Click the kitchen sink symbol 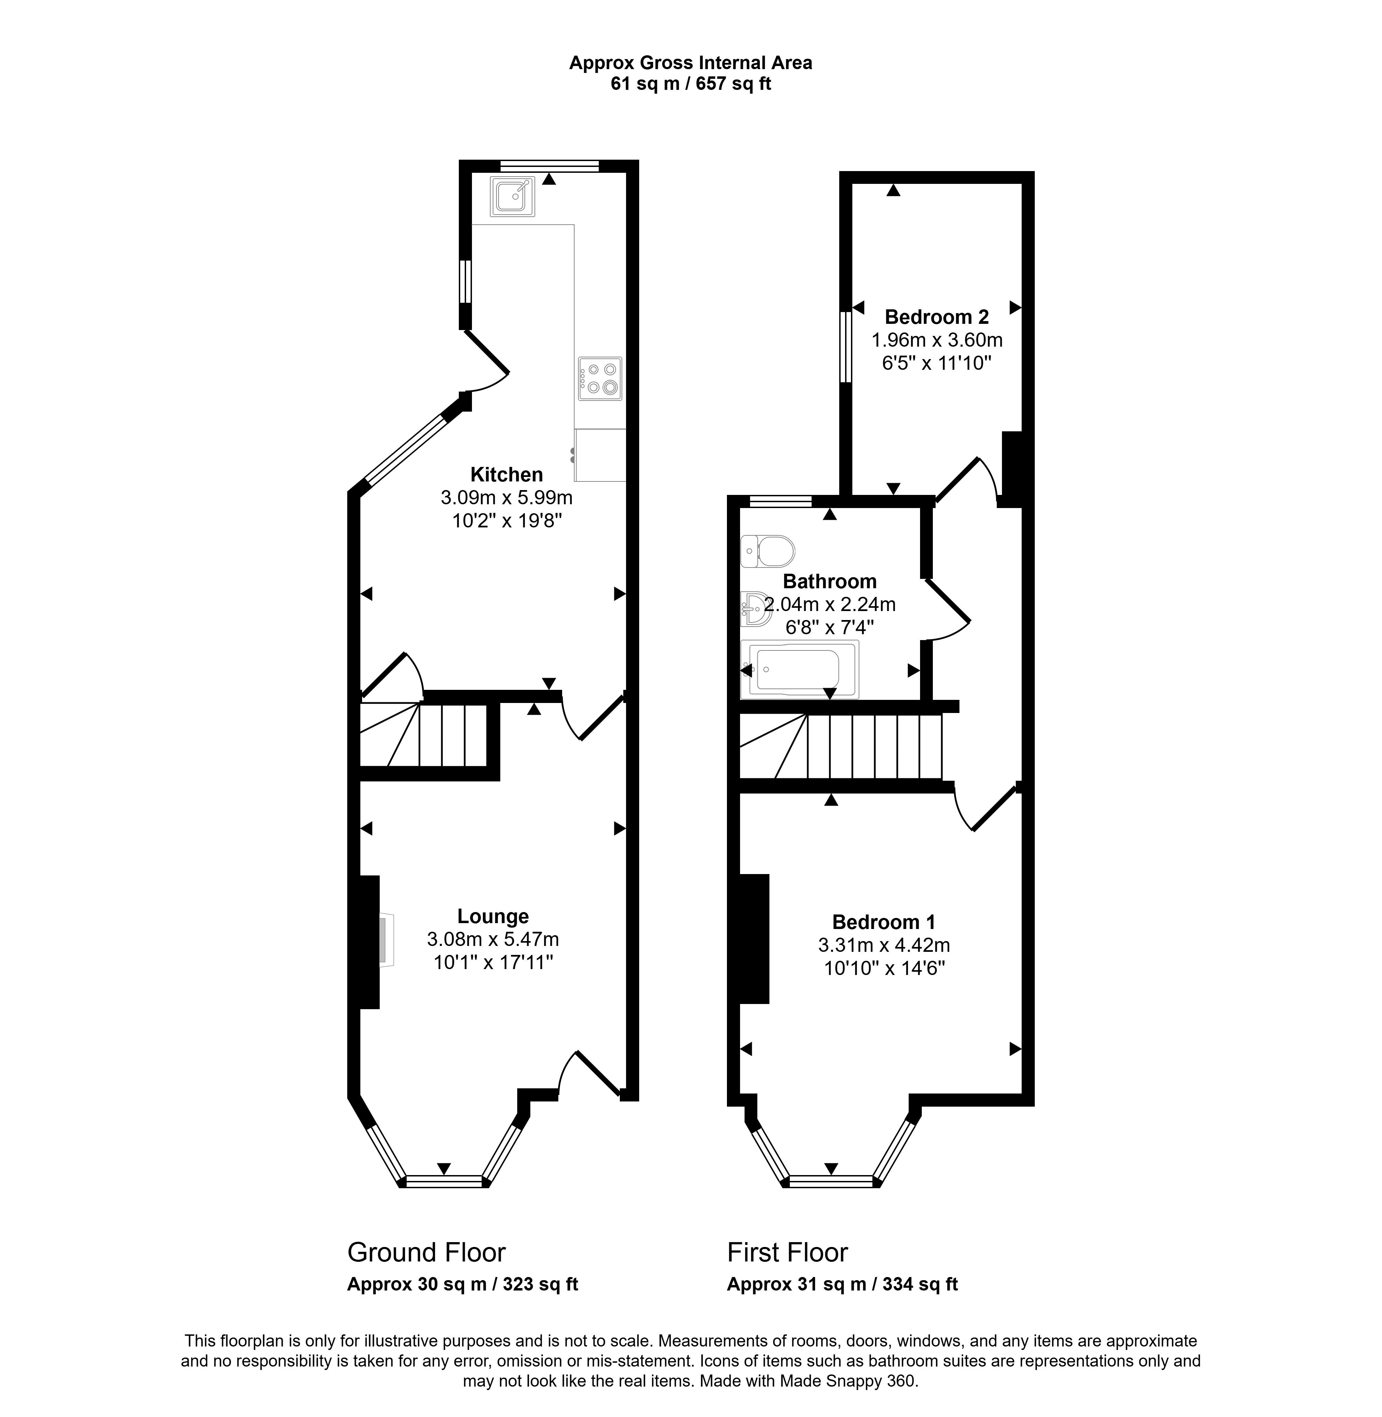pyautogui.click(x=512, y=196)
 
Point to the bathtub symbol pyautogui.click(x=799, y=669)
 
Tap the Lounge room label pyautogui.click(x=493, y=916)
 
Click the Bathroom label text pyautogui.click(x=830, y=581)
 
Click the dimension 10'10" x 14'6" pyautogui.click(x=884, y=968)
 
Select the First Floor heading pyautogui.click(x=787, y=1252)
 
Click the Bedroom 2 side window pyautogui.click(x=845, y=347)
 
